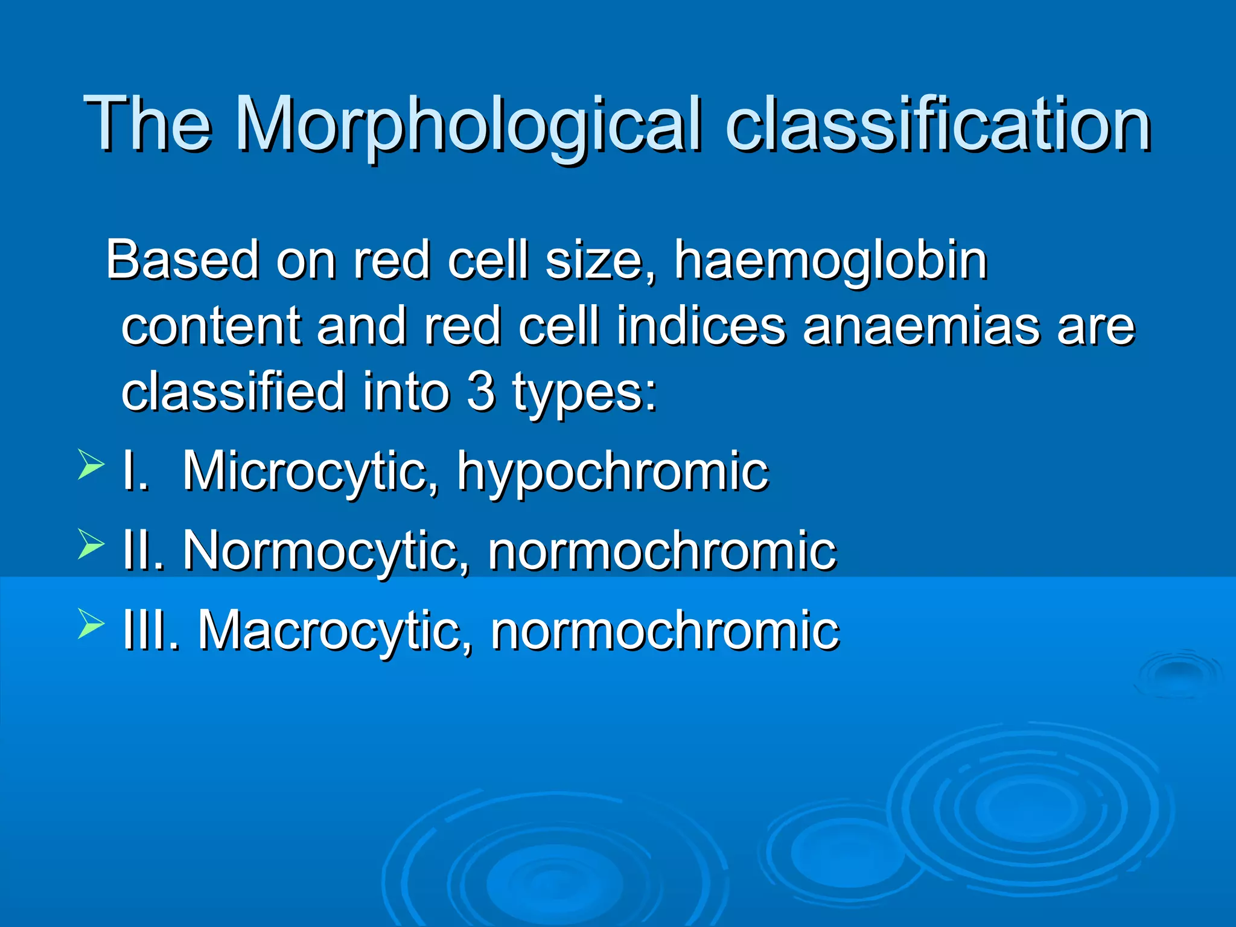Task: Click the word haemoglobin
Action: tap(830, 261)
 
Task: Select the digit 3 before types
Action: tap(481, 392)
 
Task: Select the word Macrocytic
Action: tap(335, 631)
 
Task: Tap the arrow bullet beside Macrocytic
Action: tap(91, 625)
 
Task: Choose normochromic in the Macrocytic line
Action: tap(664, 631)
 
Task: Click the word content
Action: tap(211, 327)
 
